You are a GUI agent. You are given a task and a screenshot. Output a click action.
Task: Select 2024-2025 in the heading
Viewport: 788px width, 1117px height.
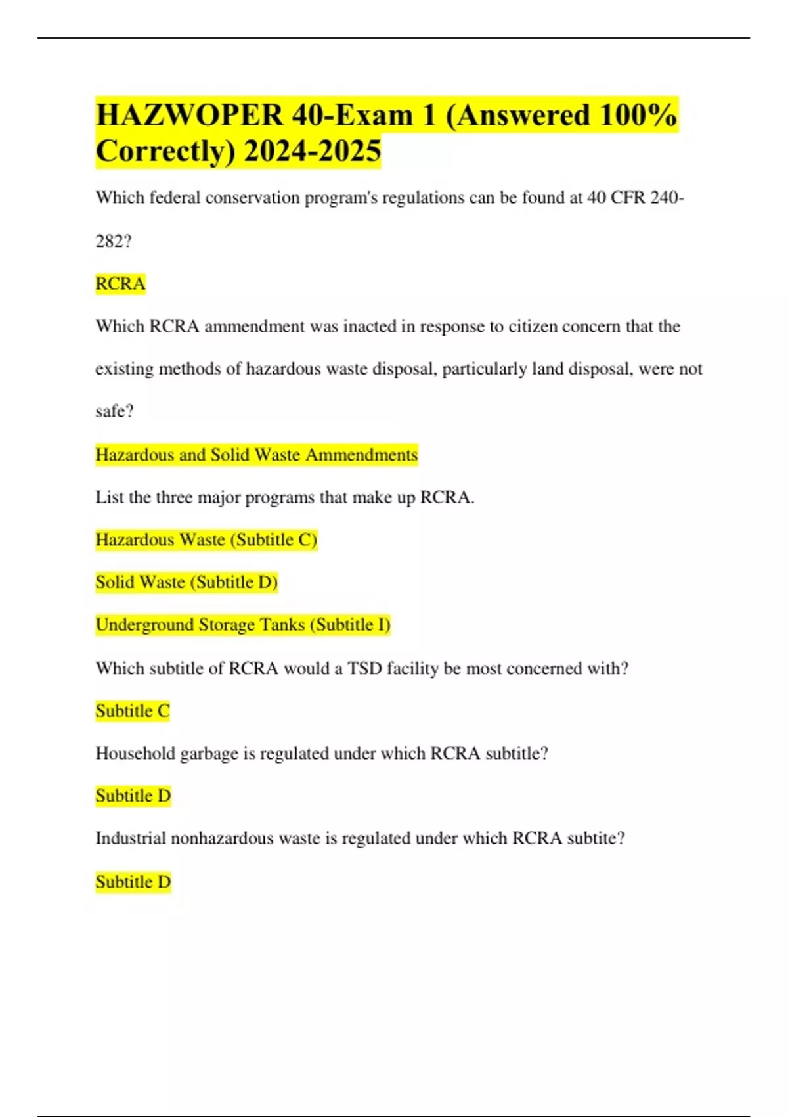pyautogui.click(x=312, y=151)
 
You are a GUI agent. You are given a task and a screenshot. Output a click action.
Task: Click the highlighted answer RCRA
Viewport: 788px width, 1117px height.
pyautogui.click(x=120, y=284)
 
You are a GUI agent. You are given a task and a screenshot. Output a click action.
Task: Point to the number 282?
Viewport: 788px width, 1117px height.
pyautogui.click(x=114, y=241)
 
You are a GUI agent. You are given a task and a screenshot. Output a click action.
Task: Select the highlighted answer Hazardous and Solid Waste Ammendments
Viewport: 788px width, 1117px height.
pyautogui.click(x=256, y=455)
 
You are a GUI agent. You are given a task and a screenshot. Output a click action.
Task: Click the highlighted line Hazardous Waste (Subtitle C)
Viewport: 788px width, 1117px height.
pyautogui.click(x=206, y=540)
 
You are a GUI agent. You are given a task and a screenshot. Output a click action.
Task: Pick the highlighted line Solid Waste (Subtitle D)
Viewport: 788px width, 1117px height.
pyautogui.click(x=186, y=582)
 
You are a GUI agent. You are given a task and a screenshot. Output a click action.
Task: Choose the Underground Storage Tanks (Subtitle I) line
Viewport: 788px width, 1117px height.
pyautogui.click(x=243, y=625)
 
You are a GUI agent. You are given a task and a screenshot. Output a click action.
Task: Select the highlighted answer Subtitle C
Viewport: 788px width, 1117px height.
pyautogui.click(x=133, y=711)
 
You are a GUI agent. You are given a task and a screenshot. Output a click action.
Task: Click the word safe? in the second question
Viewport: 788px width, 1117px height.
pyautogui.click(x=114, y=411)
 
